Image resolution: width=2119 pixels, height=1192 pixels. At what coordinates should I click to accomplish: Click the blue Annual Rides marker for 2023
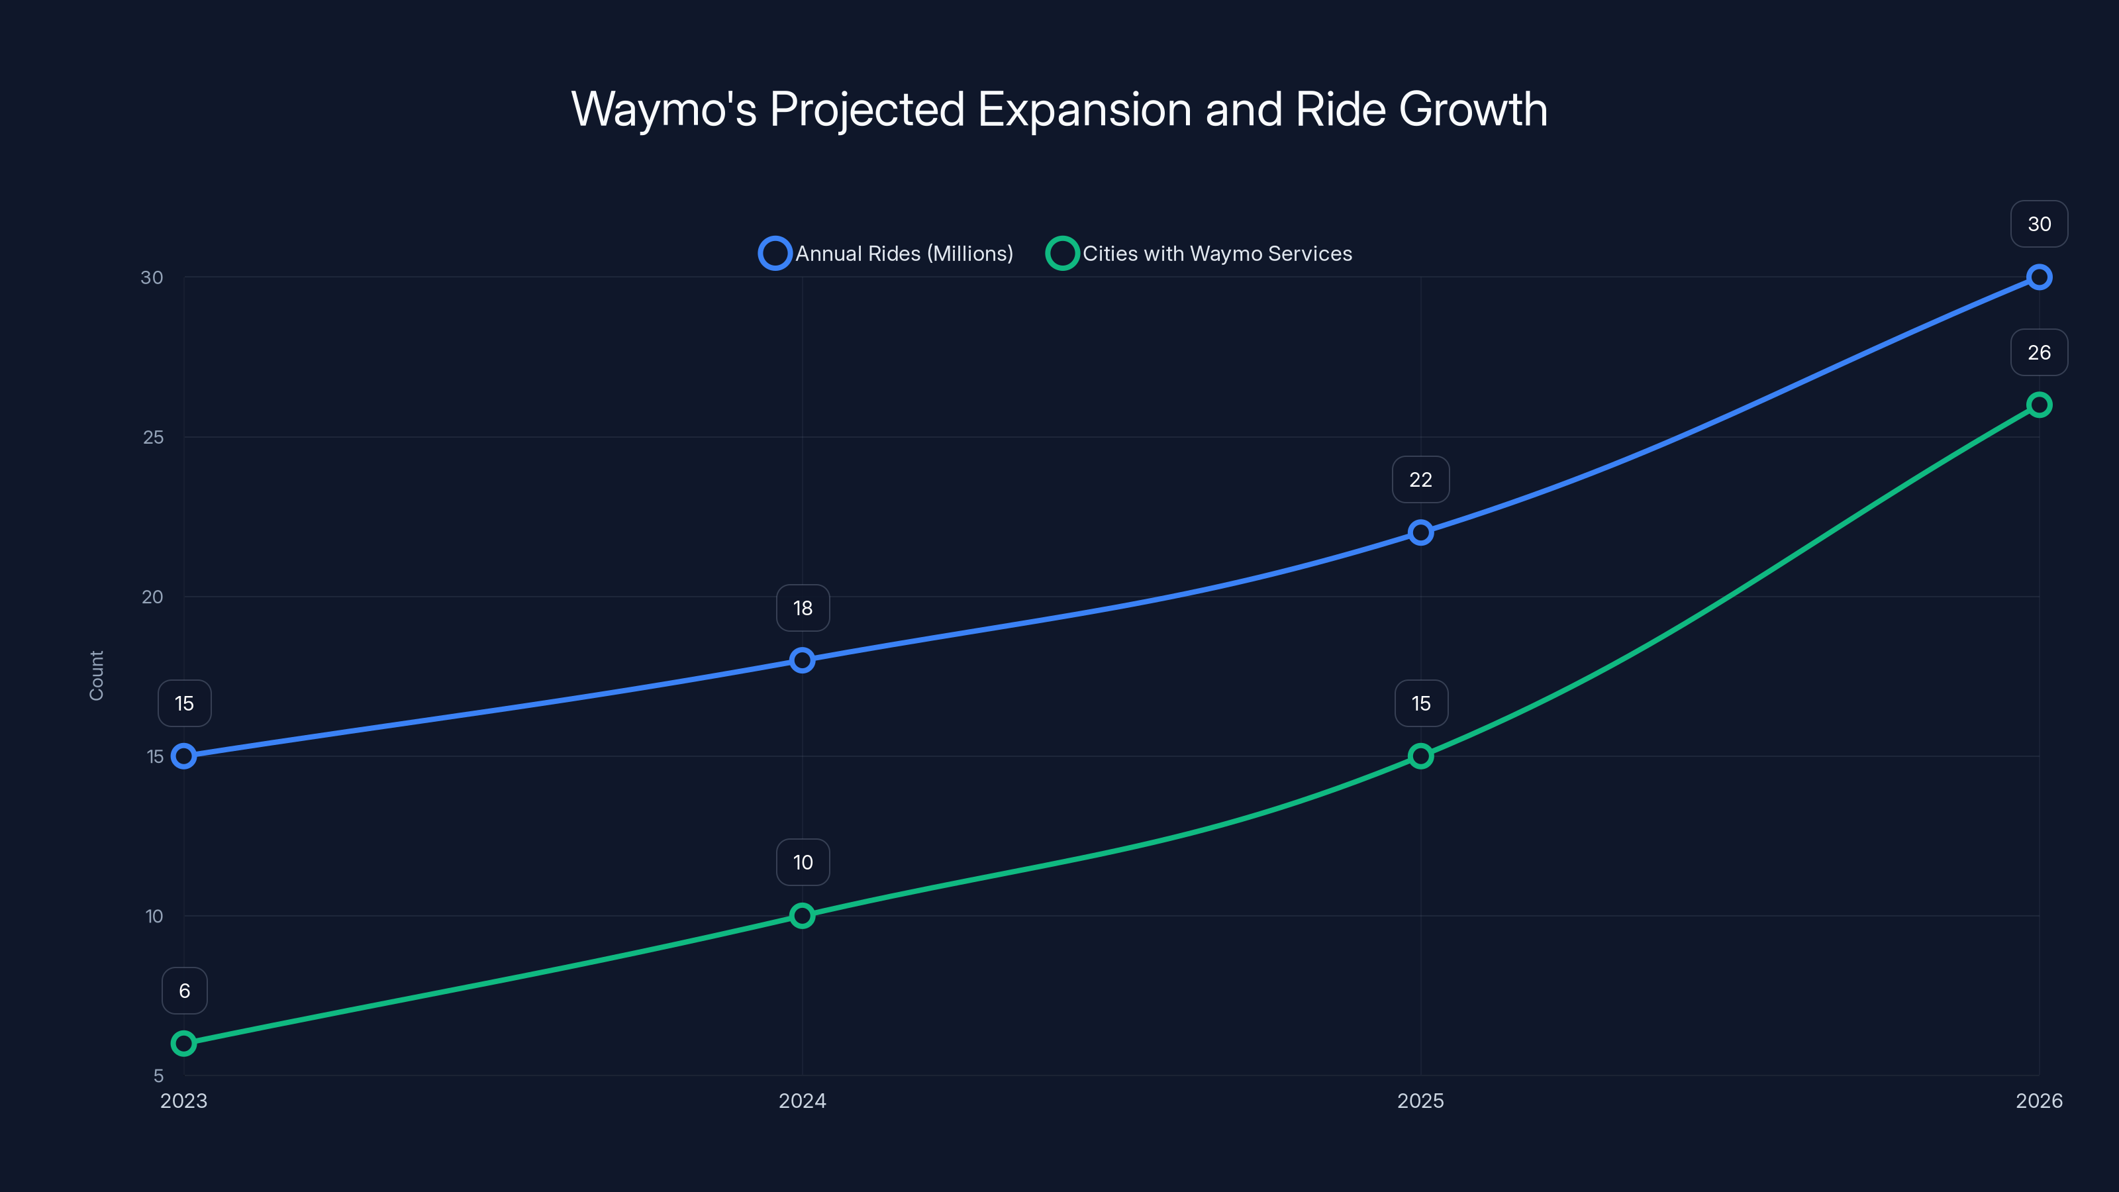pyautogui.click(x=183, y=756)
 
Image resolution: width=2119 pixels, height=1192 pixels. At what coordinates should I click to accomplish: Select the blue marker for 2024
pyautogui.click(x=802, y=660)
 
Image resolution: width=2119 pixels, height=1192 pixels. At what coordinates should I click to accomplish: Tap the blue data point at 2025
pyautogui.click(x=1420, y=532)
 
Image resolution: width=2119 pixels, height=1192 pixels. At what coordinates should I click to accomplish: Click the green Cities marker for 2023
pyautogui.click(x=183, y=1043)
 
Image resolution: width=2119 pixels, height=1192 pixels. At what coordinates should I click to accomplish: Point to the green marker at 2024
pyautogui.click(x=802, y=916)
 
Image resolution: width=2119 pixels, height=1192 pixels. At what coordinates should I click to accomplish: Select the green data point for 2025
pyautogui.click(x=1420, y=756)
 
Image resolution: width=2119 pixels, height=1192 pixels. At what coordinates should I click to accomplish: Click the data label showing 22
pyautogui.click(x=1420, y=479)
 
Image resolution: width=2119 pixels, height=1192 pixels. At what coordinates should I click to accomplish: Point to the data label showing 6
pyautogui.click(x=184, y=991)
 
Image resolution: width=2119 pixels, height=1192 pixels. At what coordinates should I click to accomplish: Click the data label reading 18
pyautogui.click(x=803, y=608)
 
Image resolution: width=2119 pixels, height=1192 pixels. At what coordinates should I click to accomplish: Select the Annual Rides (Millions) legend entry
pyautogui.click(x=887, y=254)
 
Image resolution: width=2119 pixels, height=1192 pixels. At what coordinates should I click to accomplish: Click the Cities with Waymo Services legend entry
pyautogui.click(x=1199, y=254)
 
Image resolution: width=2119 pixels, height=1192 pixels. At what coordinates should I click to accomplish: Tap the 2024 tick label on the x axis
pyautogui.click(x=802, y=1101)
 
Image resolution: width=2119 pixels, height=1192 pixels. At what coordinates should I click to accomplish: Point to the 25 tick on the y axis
pyautogui.click(x=153, y=437)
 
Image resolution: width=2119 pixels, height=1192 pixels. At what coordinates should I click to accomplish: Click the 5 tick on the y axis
pyautogui.click(x=159, y=1075)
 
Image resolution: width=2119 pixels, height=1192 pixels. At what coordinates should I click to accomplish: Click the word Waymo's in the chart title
pyautogui.click(x=663, y=109)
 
